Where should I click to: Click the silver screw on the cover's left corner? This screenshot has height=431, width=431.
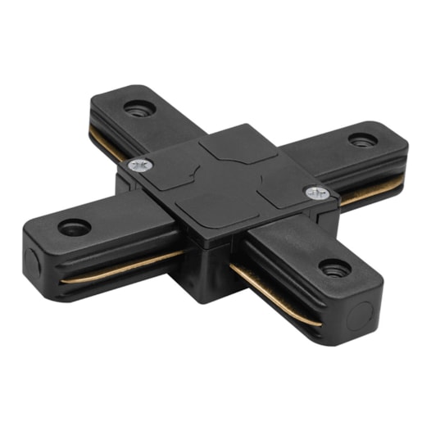pos(138,166)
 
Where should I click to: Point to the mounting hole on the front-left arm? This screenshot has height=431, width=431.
pos(75,225)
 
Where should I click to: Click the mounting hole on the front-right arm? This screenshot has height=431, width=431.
pos(333,268)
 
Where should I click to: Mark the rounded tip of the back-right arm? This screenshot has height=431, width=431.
pos(393,135)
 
